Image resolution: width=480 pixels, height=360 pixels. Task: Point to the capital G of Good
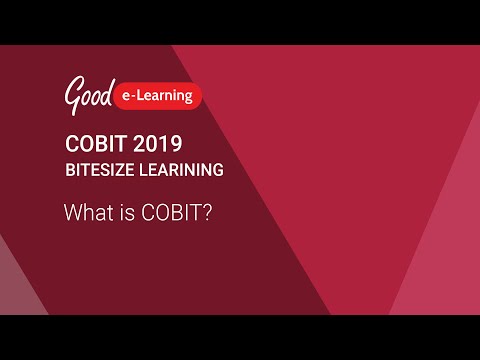72,96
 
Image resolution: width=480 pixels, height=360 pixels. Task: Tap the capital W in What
72,213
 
